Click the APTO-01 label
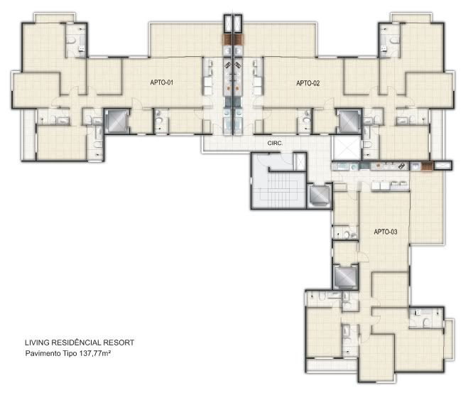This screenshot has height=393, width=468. coord(162,82)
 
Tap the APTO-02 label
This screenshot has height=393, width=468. coord(308,83)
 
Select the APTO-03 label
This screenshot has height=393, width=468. coord(386,232)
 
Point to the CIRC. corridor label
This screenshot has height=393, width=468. coord(275,144)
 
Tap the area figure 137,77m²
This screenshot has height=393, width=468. coord(95,354)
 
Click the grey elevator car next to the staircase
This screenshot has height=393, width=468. coord(319,195)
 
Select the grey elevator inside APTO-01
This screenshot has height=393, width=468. coord(116,122)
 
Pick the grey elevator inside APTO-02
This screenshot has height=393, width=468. coord(349,122)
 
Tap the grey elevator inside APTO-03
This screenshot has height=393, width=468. coord(345,277)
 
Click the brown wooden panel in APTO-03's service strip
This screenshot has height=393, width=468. coord(427,166)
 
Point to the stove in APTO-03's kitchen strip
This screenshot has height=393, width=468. coord(401,166)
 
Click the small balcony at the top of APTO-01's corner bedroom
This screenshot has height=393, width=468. coord(54,18)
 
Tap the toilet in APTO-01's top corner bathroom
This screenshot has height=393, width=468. coord(71,41)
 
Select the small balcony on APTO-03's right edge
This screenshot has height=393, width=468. coord(449,338)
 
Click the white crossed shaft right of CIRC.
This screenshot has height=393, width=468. coord(347,148)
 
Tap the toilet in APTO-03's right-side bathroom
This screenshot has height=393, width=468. coord(426,323)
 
